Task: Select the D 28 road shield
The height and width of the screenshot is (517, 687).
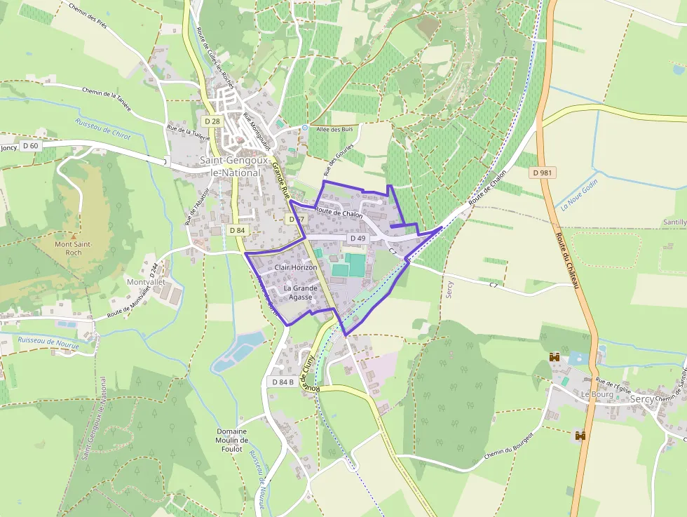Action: pos(212,122)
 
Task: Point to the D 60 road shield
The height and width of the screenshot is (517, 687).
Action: pos(30,145)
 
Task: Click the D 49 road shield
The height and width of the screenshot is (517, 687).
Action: pos(356,239)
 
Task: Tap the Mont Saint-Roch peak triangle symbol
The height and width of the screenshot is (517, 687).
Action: pos(73,236)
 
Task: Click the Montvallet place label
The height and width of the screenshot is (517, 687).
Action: pos(146,282)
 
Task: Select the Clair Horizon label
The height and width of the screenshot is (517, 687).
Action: pos(296,268)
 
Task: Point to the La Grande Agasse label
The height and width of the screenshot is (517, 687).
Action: pos(301,293)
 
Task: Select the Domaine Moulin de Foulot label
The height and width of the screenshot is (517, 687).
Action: pos(231,440)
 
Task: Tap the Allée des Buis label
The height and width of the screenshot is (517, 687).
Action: pos(336,129)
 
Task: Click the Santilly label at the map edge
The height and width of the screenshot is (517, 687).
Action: pos(674,222)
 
